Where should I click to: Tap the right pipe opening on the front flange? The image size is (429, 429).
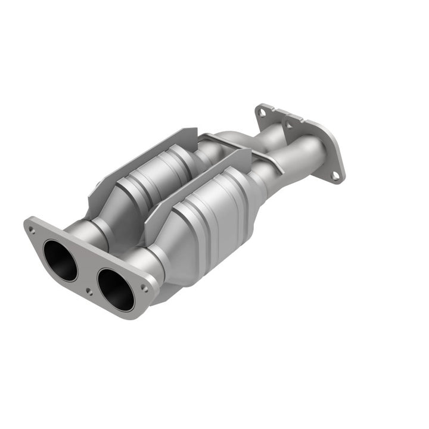point(116,289)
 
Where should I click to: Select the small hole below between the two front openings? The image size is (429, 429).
point(88,291)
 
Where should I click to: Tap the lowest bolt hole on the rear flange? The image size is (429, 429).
point(335,175)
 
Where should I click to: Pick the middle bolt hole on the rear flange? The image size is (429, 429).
point(290,124)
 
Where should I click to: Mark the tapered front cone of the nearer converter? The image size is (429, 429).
point(173,241)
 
